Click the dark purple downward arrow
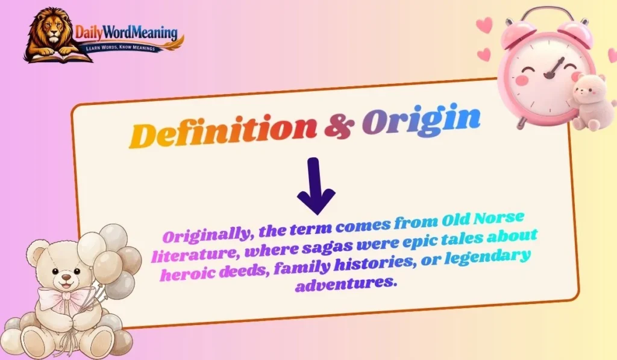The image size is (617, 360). pos(316,186)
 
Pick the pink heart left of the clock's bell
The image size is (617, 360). pos(484,25)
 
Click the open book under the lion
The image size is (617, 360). pos(54,57)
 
